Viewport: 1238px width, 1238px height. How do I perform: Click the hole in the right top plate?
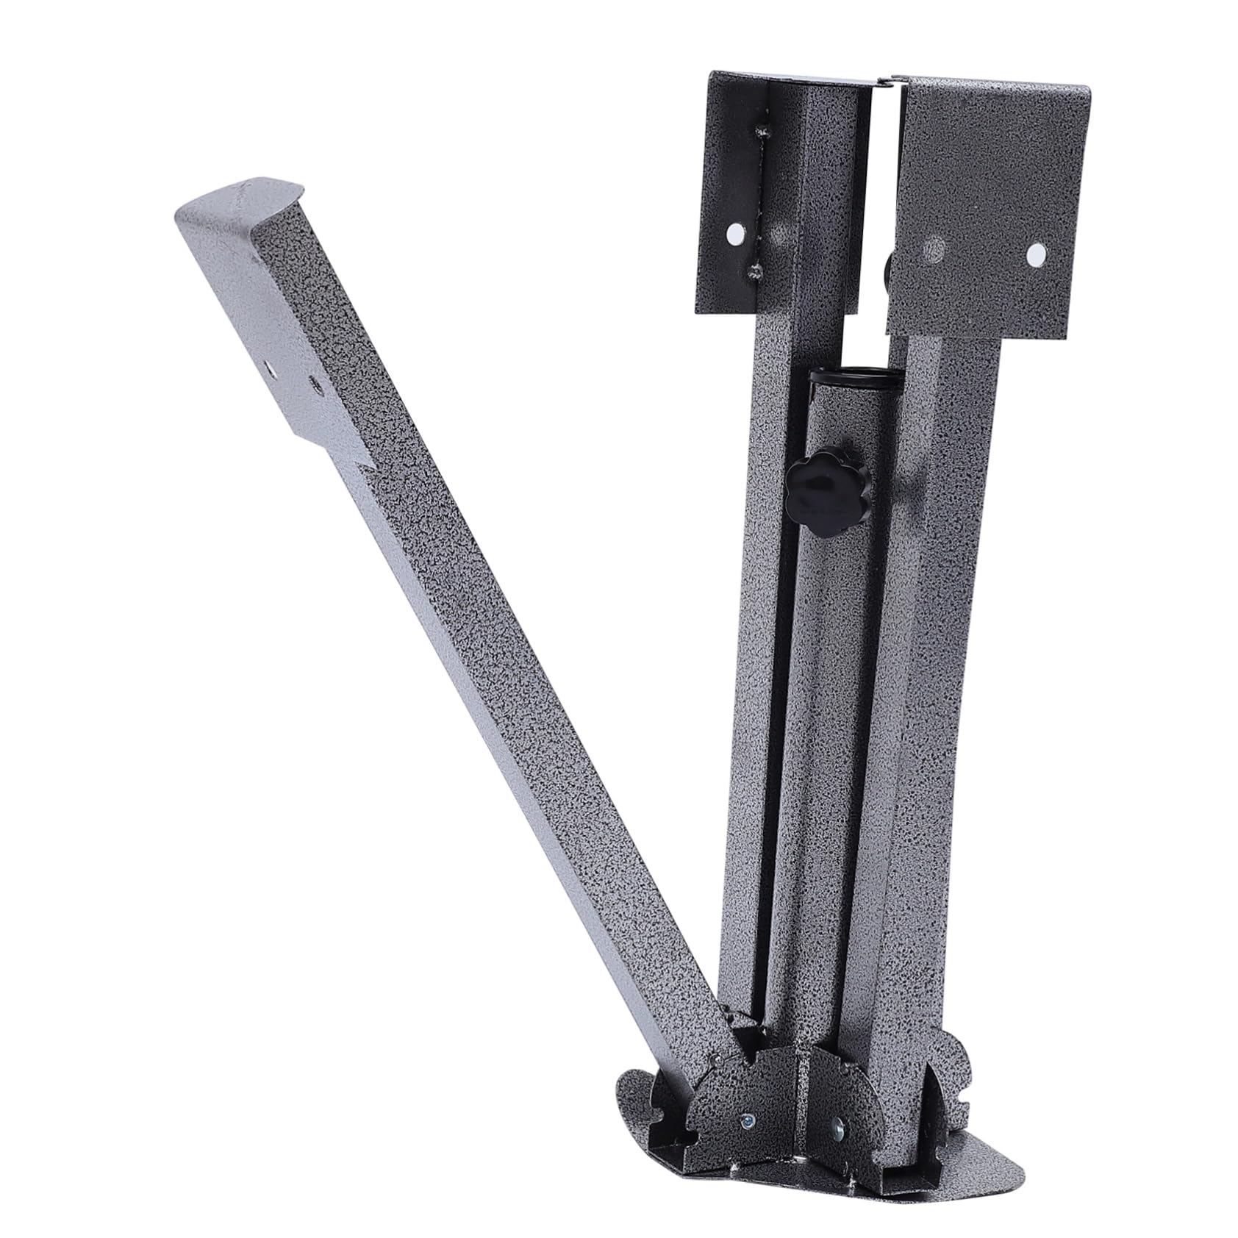(x=1037, y=255)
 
